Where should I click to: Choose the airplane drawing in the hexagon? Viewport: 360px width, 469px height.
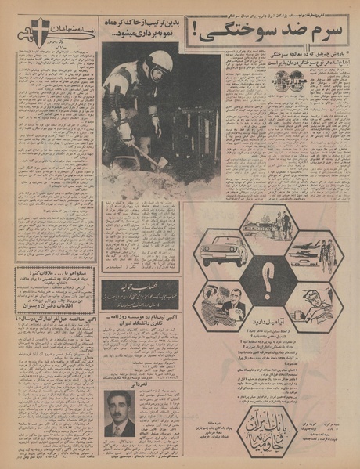pyautogui.click(x=311, y=251)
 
